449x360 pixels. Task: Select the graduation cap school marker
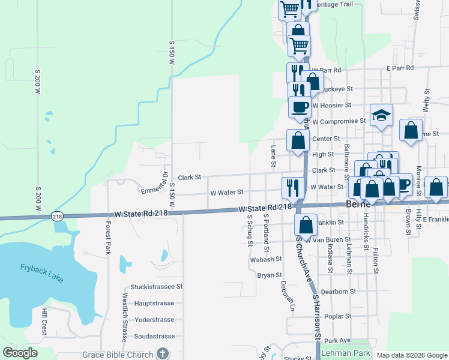pyautogui.click(x=381, y=116)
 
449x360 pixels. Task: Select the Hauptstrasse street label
pyautogui.click(x=154, y=304)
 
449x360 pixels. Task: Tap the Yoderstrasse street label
pyautogui.click(x=154, y=320)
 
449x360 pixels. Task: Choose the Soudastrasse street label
pyautogui.click(x=154, y=336)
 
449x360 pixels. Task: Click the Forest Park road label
pyautogui.click(x=109, y=238)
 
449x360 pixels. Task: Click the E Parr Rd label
pyautogui.click(x=400, y=68)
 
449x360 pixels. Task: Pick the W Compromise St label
pyautogui.click(x=339, y=121)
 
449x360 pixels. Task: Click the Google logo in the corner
pyautogui.click(x=20, y=353)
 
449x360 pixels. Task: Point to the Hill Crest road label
pyautogui.click(x=44, y=322)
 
